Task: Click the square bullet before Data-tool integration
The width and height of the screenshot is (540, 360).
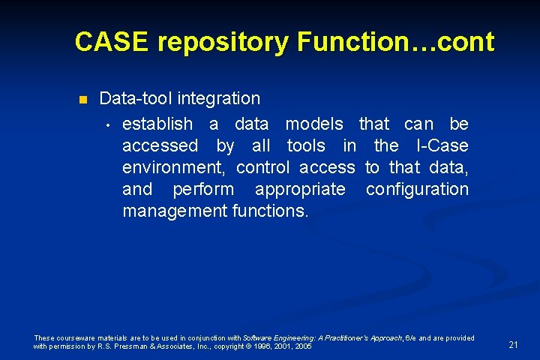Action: point(83,100)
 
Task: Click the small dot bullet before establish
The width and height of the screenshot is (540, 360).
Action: point(108,124)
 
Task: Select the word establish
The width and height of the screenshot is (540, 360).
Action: point(157,124)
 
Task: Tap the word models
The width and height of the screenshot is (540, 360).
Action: point(314,124)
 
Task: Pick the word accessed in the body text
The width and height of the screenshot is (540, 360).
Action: point(160,145)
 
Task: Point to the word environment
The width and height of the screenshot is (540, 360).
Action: point(174,167)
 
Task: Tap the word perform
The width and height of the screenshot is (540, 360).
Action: point(202,189)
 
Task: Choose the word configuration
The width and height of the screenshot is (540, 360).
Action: point(417,189)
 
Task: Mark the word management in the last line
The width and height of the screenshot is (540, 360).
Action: point(173,211)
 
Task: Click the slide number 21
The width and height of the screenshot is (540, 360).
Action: point(513,345)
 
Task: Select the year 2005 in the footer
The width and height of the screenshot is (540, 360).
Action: point(304,346)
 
